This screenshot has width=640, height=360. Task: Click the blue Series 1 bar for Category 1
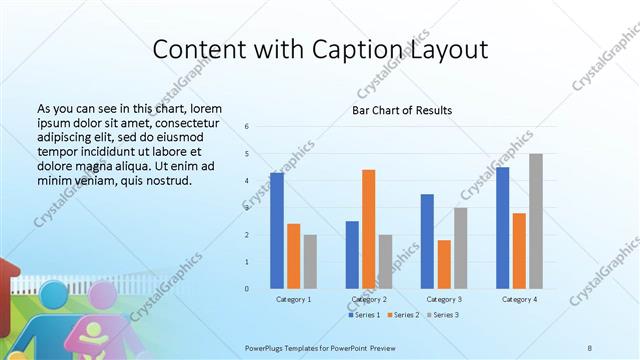point(276,231)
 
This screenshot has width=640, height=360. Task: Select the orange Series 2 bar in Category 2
point(368,229)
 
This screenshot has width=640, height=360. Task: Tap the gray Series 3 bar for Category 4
point(536,221)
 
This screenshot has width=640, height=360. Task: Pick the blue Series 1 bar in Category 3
point(427,241)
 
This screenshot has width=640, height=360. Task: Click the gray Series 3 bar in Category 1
point(310,262)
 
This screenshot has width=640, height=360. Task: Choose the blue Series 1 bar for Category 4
point(502,228)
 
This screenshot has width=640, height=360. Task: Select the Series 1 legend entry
point(363,315)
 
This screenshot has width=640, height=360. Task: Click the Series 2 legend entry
point(402,315)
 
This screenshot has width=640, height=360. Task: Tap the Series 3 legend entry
point(441,315)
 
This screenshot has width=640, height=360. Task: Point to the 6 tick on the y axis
point(247,127)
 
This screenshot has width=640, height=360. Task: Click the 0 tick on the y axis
point(247,289)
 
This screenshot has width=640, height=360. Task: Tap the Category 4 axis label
point(519,299)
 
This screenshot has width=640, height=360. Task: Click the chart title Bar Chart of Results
point(402,110)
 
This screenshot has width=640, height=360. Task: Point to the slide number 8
point(590,347)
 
